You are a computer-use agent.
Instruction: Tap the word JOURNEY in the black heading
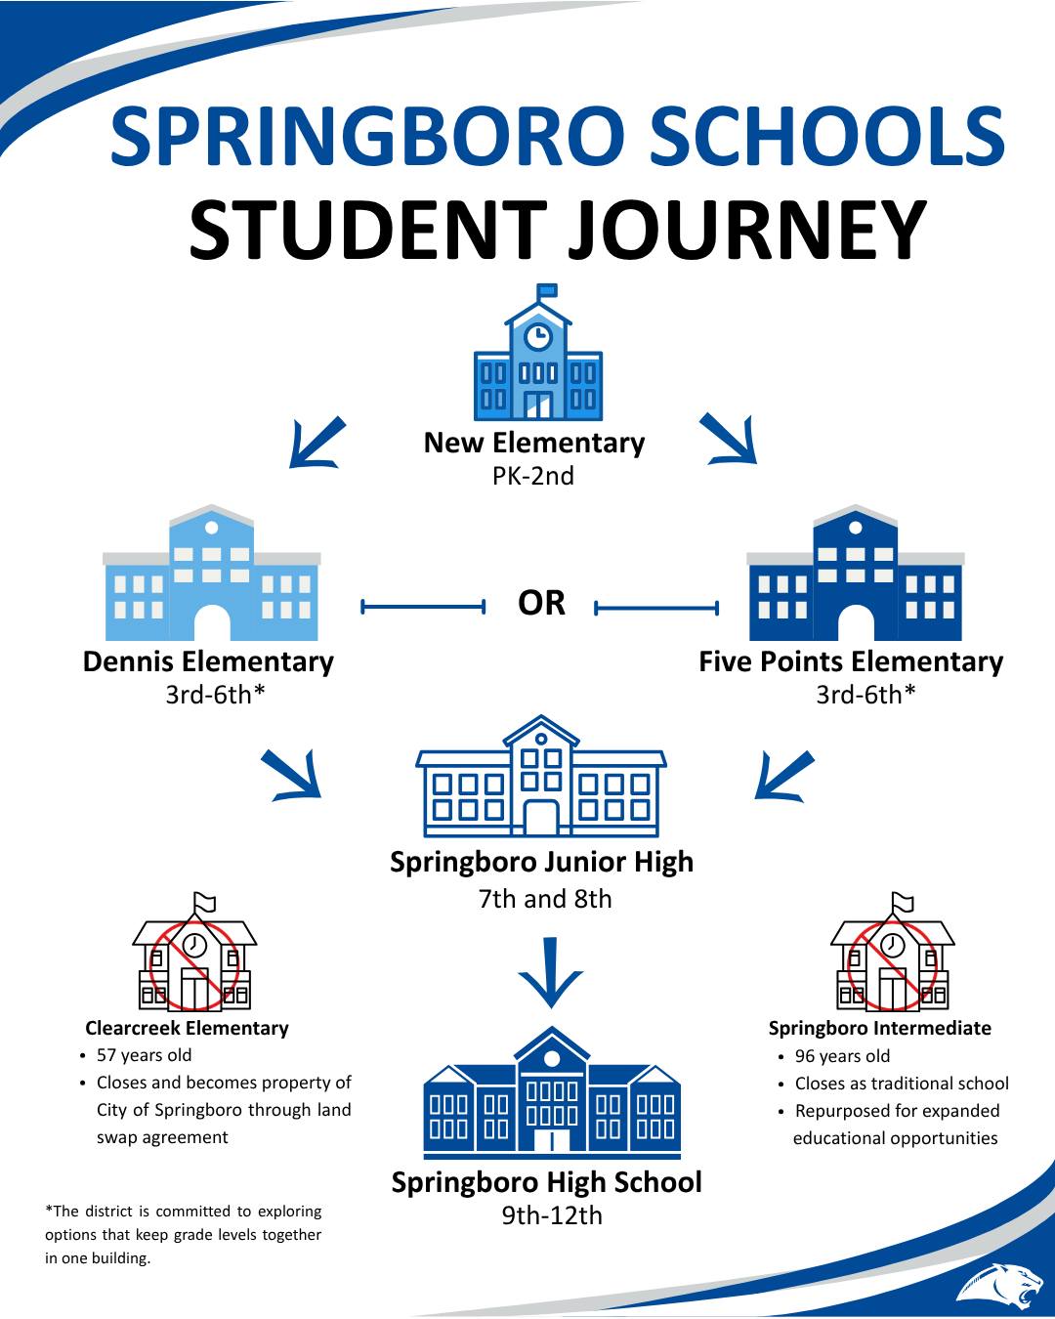click(747, 230)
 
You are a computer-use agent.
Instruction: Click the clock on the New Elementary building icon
click(538, 336)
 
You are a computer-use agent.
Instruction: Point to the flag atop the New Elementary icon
click(547, 289)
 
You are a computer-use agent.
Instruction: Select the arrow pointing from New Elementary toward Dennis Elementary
click(316, 444)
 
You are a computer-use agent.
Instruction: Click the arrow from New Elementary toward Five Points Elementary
click(730, 439)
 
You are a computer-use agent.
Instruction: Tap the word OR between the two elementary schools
click(541, 603)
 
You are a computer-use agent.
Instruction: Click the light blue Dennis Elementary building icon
click(212, 573)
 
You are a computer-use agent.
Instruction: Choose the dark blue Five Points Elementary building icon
click(855, 573)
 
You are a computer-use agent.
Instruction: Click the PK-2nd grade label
click(533, 476)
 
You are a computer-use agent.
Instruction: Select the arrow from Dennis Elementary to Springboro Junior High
click(292, 775)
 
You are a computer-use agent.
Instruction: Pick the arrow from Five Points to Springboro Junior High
click(783, 776)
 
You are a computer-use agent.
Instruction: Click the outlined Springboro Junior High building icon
click(541, 777)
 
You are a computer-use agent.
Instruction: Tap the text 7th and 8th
click(545, 899)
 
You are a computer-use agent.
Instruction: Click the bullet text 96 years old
click(842, 1055)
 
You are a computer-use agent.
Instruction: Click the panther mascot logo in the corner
click(1000, 1285)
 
